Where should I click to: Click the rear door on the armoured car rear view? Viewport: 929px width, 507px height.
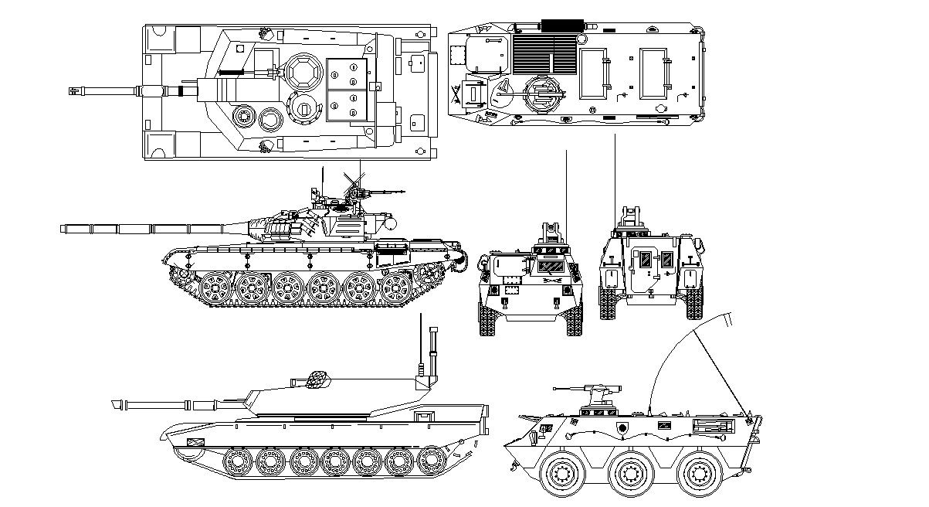click(x=644, y=270)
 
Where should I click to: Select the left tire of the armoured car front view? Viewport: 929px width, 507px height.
click(x=488, y=318)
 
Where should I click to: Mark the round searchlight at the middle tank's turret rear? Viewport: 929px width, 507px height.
click(x=391, y=223)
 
